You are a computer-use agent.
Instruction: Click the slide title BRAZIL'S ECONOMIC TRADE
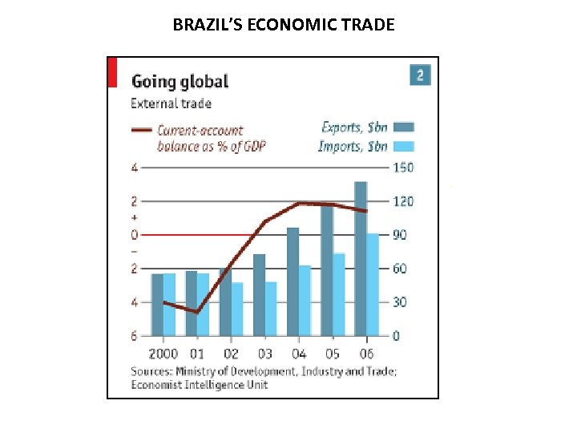284,24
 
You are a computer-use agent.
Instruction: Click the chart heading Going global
180,81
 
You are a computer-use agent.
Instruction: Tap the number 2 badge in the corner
420,75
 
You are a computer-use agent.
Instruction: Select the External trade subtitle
171,103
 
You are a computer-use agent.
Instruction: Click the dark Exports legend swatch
403,127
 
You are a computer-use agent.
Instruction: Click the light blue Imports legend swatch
403,146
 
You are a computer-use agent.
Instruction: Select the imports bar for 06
373,284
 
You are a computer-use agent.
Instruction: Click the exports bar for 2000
158,305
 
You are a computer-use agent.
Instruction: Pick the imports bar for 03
271,308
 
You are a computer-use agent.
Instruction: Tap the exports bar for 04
293,281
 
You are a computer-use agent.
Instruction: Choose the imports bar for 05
339,294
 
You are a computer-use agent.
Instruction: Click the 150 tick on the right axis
403,168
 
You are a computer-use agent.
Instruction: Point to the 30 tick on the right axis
400,302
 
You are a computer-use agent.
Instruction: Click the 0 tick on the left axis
135,235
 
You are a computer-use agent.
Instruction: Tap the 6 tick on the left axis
135,336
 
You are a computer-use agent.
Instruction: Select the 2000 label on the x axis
163,354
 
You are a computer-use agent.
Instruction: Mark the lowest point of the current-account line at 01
196,312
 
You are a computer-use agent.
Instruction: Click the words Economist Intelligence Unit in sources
200,384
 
